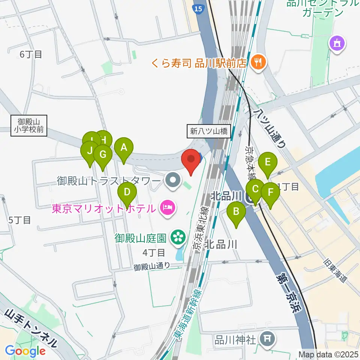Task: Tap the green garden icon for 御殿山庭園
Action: click(x=176, y=237)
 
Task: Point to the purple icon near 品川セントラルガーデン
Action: click(x=336, y=43)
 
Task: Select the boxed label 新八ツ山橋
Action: click(x=209, y=131)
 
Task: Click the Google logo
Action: click(x=25, y=351)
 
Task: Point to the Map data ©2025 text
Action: click(x=328, y=354)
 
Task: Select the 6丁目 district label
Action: click(x=31, y=54)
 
